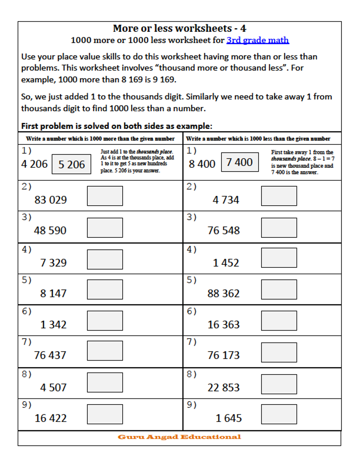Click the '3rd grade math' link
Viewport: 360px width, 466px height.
click(x=258, y=40)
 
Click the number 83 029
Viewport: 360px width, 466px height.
click(x=51, y=199)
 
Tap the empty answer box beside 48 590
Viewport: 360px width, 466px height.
click(x=105, y=228)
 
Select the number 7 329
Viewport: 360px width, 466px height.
click(x=53, y=263)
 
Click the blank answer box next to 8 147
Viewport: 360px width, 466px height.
click(x=105, y=289)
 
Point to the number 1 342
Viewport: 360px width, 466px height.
click(x=53, y=324)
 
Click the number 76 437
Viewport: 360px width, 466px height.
click(x=50, y=355)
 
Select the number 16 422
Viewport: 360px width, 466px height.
click(x=51, y=418)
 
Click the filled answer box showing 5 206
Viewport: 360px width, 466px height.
click(x=71, y=165)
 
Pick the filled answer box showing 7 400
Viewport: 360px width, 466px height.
click(x=240, y=162)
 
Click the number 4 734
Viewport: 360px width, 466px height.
click(x=226, y=200)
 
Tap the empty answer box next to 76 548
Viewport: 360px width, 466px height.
click(x=279, y=228)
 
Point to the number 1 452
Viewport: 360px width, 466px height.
click(x=226, y=263)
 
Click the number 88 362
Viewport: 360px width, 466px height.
click(x=224, y=293)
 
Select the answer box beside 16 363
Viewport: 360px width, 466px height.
click(x=279, y=321)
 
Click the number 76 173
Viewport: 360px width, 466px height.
click(x=224, y=355)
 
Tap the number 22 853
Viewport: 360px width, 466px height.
click(x=224, y=387)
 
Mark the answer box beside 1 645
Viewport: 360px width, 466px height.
click(x=279, y=414)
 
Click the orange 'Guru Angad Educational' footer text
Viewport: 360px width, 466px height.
click(x=179, y=437)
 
